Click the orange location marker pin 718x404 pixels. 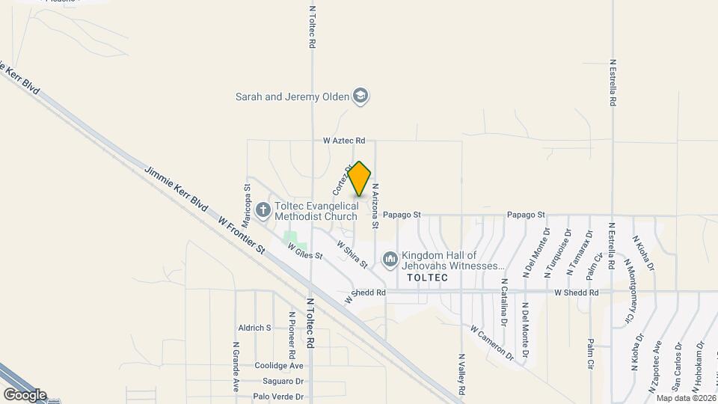[360, 179]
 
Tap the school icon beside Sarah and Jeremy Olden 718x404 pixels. [361, 97]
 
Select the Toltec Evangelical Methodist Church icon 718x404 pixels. [263, 210]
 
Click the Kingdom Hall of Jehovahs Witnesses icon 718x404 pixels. [390, 260]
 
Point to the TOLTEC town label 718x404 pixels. [427, 278]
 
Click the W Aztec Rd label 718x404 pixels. [344, 141]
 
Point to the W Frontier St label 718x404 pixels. [242, 234]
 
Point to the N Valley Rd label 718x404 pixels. [461, 375]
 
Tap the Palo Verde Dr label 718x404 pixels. [277, 397]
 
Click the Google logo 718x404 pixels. [24, 394]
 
